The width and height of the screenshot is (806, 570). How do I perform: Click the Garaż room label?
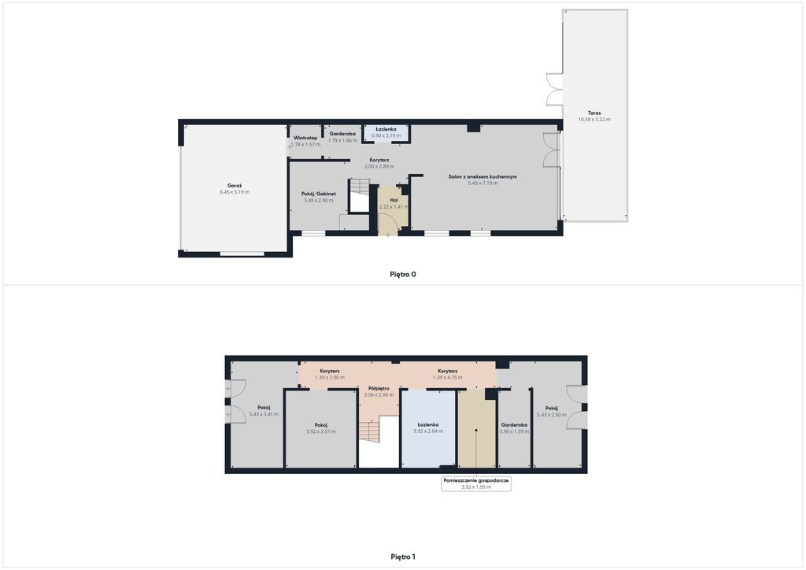tap(235, 186)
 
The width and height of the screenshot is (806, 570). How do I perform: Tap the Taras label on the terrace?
tap(594, 113)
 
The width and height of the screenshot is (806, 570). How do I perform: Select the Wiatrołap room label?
tap(305, 138)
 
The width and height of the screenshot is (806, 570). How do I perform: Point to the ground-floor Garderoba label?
tap(342, 134)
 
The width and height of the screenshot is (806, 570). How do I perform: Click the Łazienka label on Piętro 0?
tap(386, 129)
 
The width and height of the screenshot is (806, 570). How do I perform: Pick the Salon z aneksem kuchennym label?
tap(482, 176)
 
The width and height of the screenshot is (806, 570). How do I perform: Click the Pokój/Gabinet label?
tap(319, 194)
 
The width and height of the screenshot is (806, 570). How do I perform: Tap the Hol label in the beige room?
tap(394, 200)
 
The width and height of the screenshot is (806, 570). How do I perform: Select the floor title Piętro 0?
tap(403, 274)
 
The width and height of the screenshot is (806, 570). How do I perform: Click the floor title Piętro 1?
tap(403, 556)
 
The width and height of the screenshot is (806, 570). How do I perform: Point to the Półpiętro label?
tap(379, 388)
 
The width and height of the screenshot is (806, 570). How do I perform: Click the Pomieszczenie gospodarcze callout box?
tap(476, 483)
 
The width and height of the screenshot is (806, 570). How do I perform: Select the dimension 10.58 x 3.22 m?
tap(594, 119)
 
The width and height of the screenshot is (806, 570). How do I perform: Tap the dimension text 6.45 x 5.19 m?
tap(235, 192)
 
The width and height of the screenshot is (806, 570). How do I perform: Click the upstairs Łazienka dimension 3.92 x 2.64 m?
tap(428, 431)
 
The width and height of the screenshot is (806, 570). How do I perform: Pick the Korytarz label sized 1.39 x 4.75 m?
tap(448, 371)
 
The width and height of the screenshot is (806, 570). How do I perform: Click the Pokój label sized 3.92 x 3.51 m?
tap(321, 425)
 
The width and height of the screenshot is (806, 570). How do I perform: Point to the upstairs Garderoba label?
tap(514, 425)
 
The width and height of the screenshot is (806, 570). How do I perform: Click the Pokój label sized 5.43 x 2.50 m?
tap(552, 409)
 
